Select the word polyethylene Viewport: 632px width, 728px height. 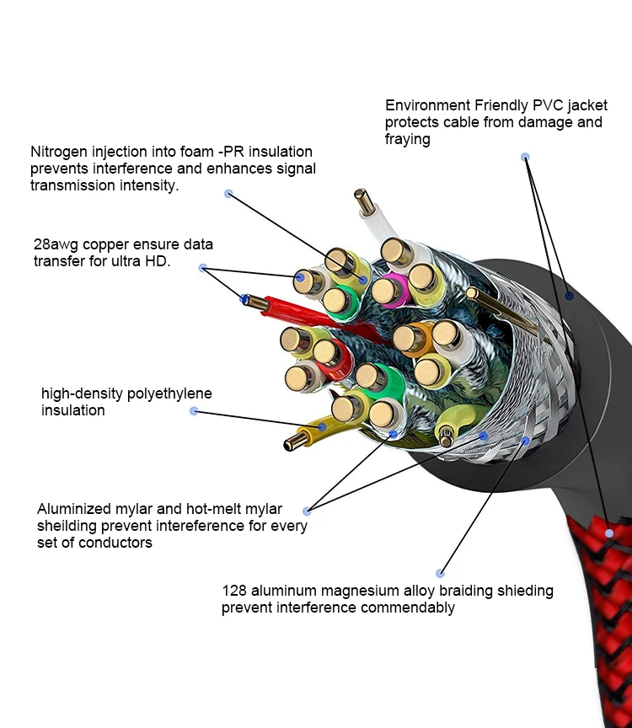[169, 393]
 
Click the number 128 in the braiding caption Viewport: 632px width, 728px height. [234, 591]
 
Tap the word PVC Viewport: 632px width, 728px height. [549, 105]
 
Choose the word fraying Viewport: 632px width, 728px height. [407, 139]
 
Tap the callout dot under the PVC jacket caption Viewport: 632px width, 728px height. [525, 157]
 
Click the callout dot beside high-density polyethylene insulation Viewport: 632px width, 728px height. [194, 411]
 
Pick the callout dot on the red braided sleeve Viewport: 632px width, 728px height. [609, 533]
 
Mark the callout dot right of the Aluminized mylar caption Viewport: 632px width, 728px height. [307, 511]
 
